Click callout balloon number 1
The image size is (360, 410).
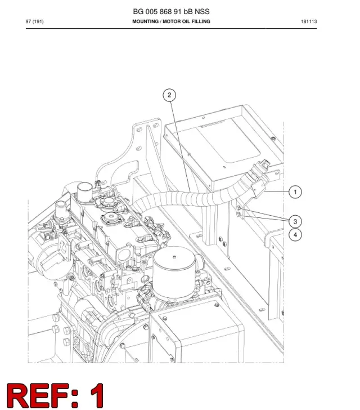[x=295, y=192]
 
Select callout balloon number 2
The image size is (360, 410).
[x=169, y=95]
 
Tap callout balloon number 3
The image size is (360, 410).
[x=295, y=221]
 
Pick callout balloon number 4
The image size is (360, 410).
[x=295, y=234]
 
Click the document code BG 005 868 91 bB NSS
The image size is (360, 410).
[x=171, y=11]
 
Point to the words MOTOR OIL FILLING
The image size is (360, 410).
[x=186, y=21]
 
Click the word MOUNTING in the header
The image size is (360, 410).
[x=145, y=21]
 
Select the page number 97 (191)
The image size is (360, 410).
[x=34, y=21]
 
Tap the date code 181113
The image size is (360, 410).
[x=309, y=21]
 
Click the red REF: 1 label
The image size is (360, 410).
[x=55, y=395]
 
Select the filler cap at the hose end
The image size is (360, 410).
[x=263, y=164]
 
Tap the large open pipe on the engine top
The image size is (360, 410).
[x=84, y=189]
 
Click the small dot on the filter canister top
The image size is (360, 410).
[x=174, y=257]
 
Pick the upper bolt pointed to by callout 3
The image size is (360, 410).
[x=238, y=208]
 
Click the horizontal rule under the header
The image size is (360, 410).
[x=171, y=28]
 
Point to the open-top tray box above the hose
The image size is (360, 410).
[x=223, y=146]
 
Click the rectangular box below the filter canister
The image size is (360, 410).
[x=197, y=331]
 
